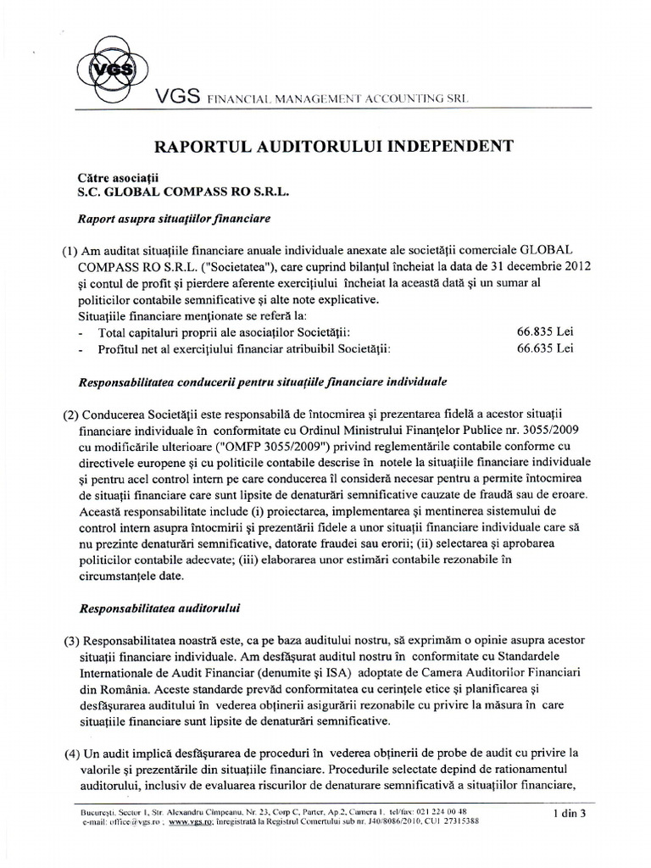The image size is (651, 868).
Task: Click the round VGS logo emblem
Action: pos(103,69)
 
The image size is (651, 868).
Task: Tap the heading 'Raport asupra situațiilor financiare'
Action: pos(173,220)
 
